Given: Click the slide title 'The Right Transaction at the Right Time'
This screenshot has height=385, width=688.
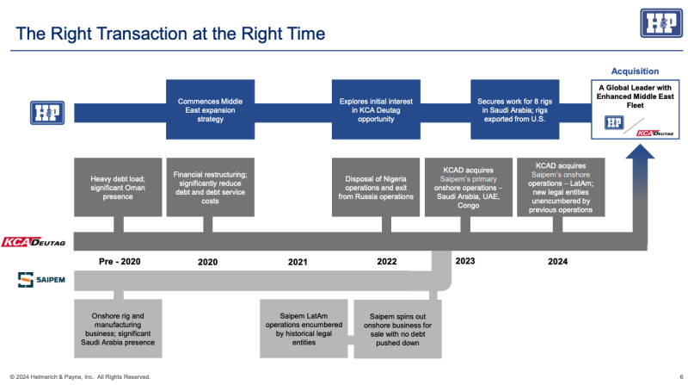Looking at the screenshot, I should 171,34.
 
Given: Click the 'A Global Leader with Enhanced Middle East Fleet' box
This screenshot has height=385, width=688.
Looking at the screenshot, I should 635,110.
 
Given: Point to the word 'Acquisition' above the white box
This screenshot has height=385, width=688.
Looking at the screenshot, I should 635,71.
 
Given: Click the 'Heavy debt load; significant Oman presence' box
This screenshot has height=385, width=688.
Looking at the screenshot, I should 118,186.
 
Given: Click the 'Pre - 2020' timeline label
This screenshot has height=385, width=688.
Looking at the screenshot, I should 118,261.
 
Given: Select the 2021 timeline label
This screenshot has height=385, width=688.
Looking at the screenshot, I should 298,261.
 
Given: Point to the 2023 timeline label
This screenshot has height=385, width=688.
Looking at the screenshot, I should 465,261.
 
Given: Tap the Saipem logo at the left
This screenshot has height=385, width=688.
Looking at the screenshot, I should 39,280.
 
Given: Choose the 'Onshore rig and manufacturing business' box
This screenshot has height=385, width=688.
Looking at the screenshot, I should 118,328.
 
